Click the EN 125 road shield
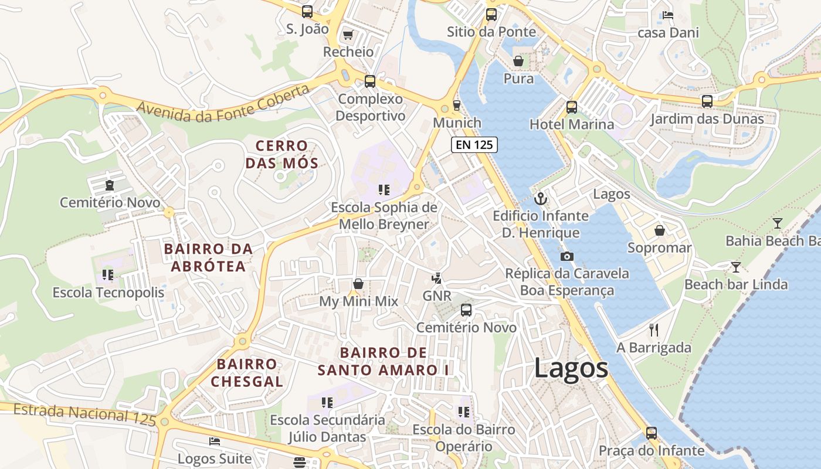tap(474, 144)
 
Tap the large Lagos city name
tap(571, 369)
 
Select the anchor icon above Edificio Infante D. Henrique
tap(540, 199)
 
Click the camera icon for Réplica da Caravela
tap(566, 256)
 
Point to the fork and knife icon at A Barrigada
tap(654, 330)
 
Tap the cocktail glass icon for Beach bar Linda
tap(735, 267)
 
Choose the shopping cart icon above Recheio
tap(348, 35)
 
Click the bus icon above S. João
tap(307, 11)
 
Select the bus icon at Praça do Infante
tap(652, 433)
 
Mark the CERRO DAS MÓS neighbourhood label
tap(282, 154)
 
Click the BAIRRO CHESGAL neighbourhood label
tap(247, 373)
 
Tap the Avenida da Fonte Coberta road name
tap(223, 104)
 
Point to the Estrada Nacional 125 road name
tap(85, 413)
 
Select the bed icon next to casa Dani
tap(667, 15)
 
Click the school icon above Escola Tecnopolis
tap(108, 274)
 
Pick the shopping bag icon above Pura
tap(518, 60)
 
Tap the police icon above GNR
tap(437, 278)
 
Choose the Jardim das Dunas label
tap(707, 119)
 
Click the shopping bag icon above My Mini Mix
tap(358, 284)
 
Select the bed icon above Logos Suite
tap(215, 441)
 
